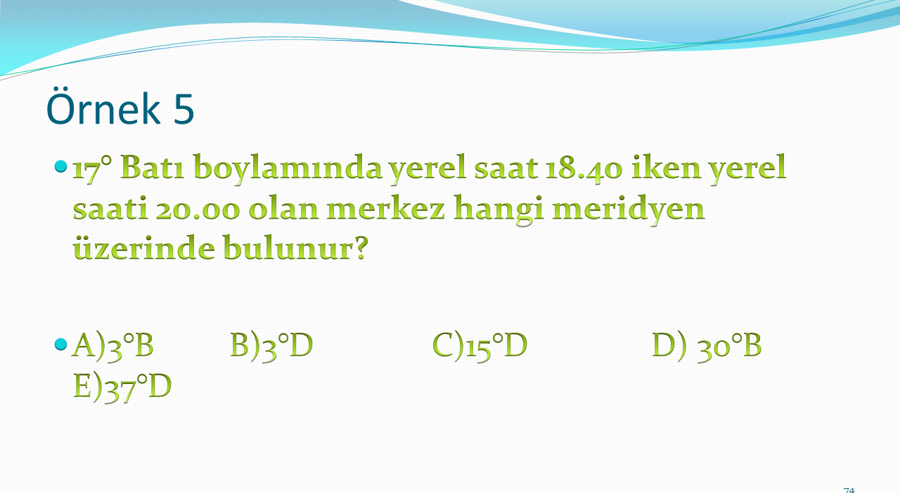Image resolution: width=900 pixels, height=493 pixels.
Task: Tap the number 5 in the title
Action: coord(184,108)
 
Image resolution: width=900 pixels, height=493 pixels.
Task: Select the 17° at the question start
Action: coord(92,168)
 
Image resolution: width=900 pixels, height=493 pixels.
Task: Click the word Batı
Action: coord(152,167)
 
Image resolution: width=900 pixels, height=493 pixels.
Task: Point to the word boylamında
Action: coord(288,169)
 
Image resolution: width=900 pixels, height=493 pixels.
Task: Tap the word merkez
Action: coord(387,209)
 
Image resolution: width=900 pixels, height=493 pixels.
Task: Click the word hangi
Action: coord(499,210)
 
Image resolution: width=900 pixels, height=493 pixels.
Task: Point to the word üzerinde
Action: coord(144,247)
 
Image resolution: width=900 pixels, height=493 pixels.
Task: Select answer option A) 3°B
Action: coord(113,345)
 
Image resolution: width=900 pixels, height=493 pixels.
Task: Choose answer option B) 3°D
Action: coord(271,345)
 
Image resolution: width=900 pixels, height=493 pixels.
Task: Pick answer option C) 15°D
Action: coord(480,346)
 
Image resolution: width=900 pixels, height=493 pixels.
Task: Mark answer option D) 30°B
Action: coord(707,346)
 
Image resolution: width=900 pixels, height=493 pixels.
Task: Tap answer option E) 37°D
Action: coord(122,387)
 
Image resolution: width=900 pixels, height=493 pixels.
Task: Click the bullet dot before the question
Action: coord(60,167)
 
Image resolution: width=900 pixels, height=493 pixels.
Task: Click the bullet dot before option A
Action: coord(60,344)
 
